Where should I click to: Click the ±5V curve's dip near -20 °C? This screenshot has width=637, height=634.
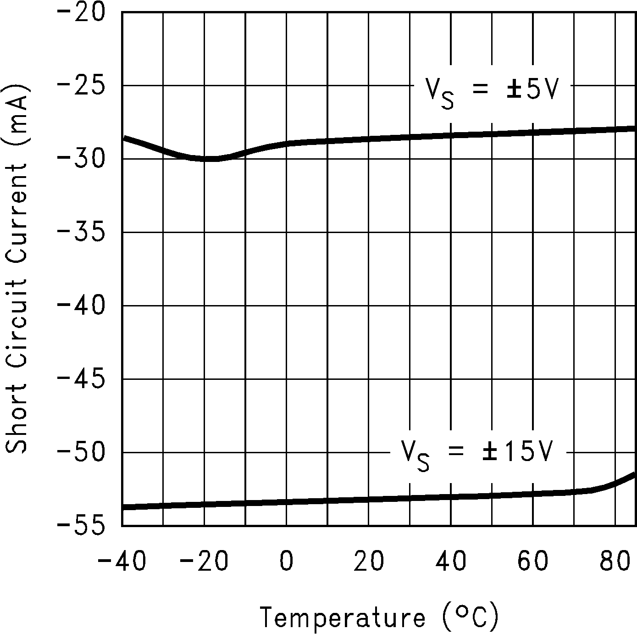(206, 159)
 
